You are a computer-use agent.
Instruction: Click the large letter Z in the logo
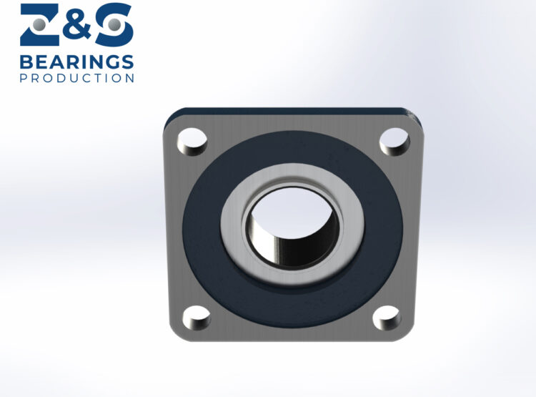[42, 25]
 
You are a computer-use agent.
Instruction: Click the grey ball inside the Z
[40, 24]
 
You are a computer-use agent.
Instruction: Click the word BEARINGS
[76, 61]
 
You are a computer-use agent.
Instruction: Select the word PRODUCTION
[76, 77]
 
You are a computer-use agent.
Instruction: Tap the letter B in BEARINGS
[26, 61]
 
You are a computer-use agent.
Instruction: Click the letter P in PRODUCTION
[23, 77]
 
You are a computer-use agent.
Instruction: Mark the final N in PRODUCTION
[129, 77]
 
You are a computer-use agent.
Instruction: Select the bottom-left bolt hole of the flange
[195, 317]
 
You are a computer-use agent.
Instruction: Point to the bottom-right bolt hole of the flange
[387, 317]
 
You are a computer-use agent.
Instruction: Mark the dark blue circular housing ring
[207, 229]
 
